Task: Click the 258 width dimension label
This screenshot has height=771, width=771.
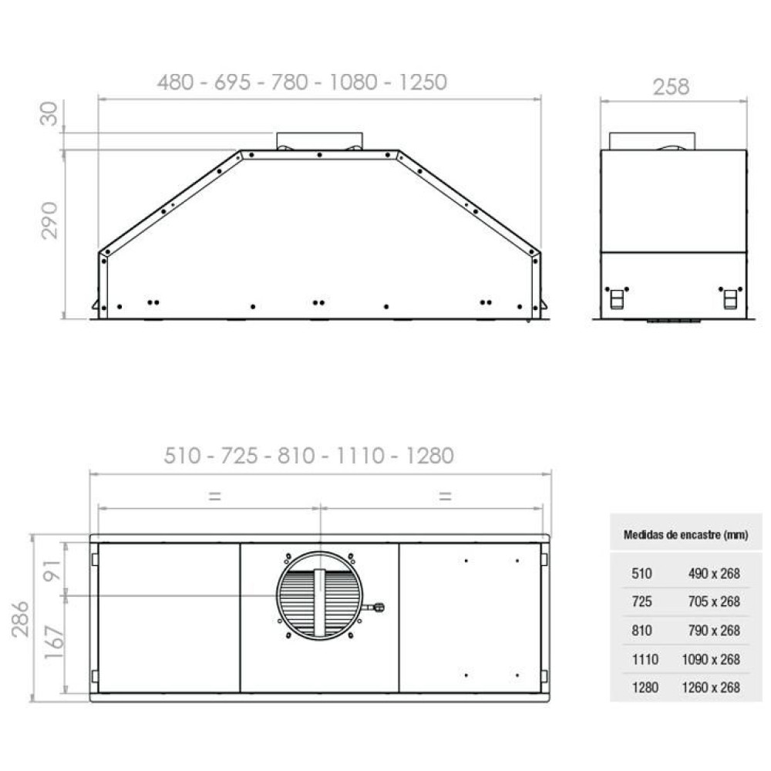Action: click(671, 87)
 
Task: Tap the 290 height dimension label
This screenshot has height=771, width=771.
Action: click(49, 221)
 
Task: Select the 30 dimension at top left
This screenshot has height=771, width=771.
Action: click(49, 113)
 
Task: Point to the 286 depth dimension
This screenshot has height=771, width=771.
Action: click(21, 619)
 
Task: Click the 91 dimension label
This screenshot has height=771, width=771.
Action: click(52, 570)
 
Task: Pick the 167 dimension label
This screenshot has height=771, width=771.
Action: click(54, 643)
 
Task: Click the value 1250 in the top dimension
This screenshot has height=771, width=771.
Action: click(423, 82)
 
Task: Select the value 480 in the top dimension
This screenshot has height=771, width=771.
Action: click(176, 82)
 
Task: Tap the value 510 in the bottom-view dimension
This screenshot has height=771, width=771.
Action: click(183, 456)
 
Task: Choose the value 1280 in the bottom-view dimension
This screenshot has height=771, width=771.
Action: click(429, 456)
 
